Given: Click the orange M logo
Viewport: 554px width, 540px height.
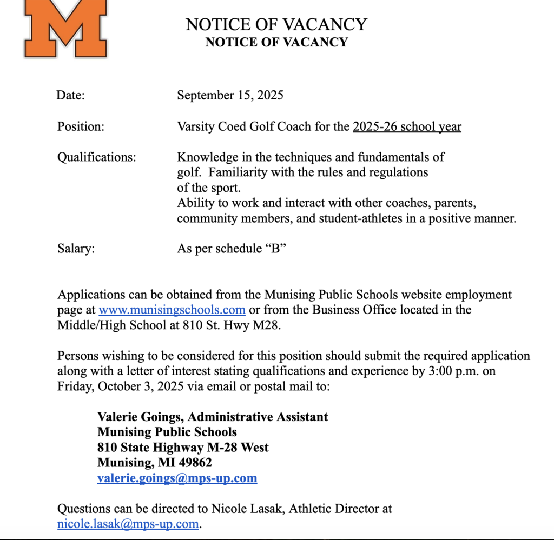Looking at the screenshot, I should (x=66, y=28).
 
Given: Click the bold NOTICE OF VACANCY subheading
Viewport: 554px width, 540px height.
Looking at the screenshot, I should (x=276, y=42).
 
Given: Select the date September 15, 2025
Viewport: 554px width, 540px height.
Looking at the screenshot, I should (x=230, y=96).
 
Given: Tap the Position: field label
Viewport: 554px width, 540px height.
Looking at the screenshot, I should (x=81, y=127).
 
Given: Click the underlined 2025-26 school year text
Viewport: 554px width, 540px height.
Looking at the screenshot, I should (x=407, y=127).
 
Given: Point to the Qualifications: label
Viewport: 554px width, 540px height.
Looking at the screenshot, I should (x=97, y=157).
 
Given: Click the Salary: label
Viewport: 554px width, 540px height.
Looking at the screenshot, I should (x=76, y=249).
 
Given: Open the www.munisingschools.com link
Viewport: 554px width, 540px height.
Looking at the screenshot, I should (x=172, y=310).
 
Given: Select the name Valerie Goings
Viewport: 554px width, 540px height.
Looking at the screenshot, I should (x=138, y=417).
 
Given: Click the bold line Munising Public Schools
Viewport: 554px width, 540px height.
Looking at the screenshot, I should (x=167, y=432).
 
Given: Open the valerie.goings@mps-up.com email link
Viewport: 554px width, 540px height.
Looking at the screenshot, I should (x=177, y=478).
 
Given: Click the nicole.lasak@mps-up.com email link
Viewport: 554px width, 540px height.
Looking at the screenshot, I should (x=128, y=524).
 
